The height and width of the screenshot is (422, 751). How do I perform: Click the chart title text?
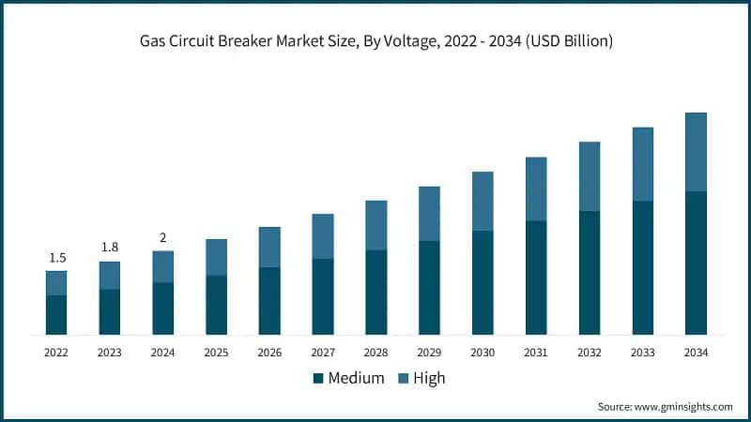[375, 42]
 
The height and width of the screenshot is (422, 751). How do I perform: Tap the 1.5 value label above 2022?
[56, 258]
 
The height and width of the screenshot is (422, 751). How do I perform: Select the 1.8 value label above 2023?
[110, 248]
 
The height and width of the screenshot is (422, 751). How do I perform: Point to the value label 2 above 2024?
[162, 237]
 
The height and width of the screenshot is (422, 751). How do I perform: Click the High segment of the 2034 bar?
[696, 152]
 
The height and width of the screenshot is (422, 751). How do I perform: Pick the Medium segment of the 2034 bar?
[696, 263]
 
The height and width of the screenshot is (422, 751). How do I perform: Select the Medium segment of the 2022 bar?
[56, 315]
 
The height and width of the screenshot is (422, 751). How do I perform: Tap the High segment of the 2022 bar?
[56, 283]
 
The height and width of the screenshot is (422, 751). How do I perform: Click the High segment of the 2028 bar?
[375, 225]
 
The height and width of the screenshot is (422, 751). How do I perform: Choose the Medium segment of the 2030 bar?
[483, 282]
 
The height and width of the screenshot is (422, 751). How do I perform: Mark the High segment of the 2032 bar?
[590, 176]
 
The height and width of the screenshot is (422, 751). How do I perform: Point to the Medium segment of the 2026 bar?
[269, 301]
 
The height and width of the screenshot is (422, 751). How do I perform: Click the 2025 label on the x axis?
[216, 353]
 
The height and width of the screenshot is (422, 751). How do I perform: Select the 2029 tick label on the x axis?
[429, 353]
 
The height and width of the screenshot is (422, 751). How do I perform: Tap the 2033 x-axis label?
[642, 353]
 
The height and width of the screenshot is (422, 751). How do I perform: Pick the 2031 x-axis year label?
[536, 353]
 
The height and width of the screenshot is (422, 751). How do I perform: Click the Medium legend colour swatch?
[318, 379]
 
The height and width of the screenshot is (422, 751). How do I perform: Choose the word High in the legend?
[429, 379]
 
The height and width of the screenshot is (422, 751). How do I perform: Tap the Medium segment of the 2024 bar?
[162, 309]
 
